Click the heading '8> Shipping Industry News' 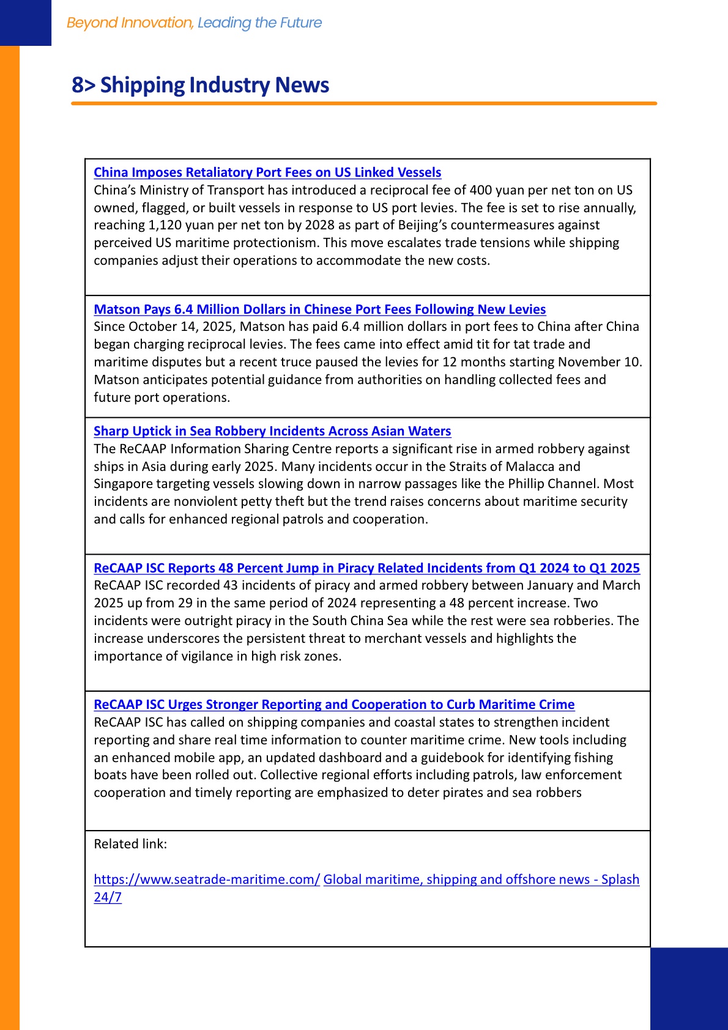(x=200, y=85)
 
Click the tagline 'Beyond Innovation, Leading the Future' (x=194, y=23)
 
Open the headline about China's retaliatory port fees (x=267, y=172)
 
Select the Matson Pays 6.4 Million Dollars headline (x=319, y=309)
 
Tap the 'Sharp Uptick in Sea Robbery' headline (x=272, y=431)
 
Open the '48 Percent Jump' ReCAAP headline (x=366, y=568)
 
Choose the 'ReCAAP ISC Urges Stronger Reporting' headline (x=334, y=705)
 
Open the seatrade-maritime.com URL (x=206, y=880)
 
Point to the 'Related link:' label (x=130, y=844)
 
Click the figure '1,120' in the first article (x=166, y=225)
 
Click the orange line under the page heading (x=364, y=104)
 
